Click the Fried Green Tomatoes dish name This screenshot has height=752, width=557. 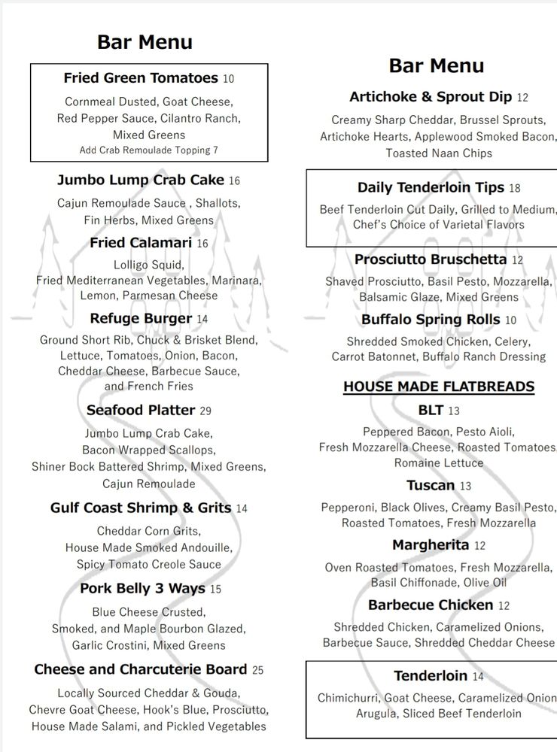click(x=141, y=78)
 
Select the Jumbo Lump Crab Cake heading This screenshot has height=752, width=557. click(x=141, y=180)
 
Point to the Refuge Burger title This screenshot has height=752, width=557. click(x=141, y=319)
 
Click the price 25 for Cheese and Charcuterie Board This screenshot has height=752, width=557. click(x=257, y=670)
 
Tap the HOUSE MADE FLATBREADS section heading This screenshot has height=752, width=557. click(x=439, y=387)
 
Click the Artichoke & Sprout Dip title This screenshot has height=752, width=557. click(x=431, y=97)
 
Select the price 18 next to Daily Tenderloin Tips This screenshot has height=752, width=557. click(x=514, y=188)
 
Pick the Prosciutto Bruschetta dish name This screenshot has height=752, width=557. click(x=431, y=260)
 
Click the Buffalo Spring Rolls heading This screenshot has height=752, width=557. click(x=431, y=320)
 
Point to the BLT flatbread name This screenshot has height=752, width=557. click(x=431, y=410)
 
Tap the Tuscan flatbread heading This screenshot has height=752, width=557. click(x=431, y=485)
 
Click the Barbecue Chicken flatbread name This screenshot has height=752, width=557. click(x=431, y=605)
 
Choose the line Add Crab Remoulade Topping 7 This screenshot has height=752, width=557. click(x=149, y=150)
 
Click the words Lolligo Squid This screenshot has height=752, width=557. click(x=149, y=265)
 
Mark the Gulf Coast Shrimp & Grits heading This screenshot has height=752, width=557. click(x=141, y=508)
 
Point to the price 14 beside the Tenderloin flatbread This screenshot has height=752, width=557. click(x=478, y=677)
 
